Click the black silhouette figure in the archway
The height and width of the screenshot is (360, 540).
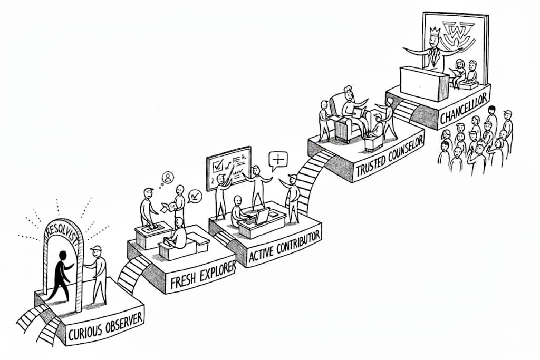click(x=61, y=274)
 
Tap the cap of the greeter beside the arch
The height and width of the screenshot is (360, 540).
click(x=95, y=248)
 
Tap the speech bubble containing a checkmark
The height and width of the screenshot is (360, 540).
click(x=195, y=196)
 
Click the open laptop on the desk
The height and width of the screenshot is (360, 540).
click(x=262, y=216)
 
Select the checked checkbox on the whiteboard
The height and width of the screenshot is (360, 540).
click(x=217, y=164)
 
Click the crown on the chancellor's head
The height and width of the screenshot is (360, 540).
click(x=435, y=32)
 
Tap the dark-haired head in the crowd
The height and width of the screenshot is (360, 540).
click(x=491, y=110)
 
